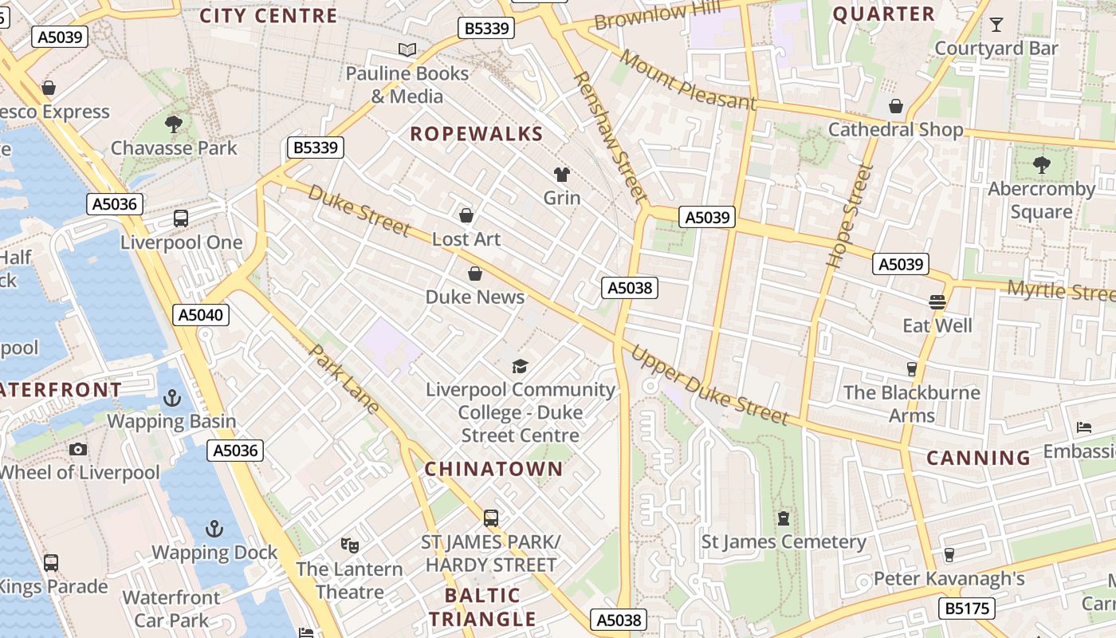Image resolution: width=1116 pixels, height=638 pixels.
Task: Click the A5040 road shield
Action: (201, 314)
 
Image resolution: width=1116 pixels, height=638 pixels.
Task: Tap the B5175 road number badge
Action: (969, 608)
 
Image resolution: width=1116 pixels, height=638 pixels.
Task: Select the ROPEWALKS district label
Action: (476, 134)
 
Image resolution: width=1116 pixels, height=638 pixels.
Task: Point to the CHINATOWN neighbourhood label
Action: (493, 469)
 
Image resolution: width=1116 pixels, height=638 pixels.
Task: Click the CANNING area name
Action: (979, 458)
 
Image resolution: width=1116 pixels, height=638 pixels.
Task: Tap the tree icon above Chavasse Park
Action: (173, 124)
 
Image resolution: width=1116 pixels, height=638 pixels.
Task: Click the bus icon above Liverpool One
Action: (181, 219)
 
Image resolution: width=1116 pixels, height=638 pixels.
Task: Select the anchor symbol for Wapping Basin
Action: (172, 397)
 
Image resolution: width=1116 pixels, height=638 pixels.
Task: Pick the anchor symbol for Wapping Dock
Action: (214, 528)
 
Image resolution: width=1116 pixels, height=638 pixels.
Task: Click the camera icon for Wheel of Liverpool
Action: (78, 449)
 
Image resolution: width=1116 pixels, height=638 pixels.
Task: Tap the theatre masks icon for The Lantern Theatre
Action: (349, 545)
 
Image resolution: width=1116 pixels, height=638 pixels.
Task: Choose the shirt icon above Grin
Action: (562, 174)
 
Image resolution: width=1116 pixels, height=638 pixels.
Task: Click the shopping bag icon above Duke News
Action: (475, 274)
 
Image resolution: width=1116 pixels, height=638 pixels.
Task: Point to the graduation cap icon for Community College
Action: (520, 366)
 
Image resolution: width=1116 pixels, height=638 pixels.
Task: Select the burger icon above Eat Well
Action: (937, 301)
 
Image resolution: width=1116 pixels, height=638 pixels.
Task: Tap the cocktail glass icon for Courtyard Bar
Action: (996, 25)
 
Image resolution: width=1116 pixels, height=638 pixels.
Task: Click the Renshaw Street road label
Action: (609, 136)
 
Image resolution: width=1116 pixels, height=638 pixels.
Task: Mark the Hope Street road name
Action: (850, 215)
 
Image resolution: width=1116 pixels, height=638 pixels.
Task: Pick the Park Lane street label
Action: (344, 380)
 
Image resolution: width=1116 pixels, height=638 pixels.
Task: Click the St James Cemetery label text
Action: (783, 542)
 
